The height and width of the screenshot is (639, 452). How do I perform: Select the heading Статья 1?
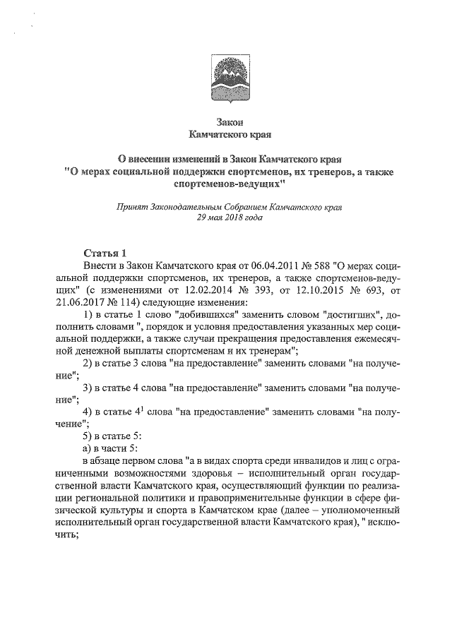coord(105,252)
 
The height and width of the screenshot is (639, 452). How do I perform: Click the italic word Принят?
coord(131,208)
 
